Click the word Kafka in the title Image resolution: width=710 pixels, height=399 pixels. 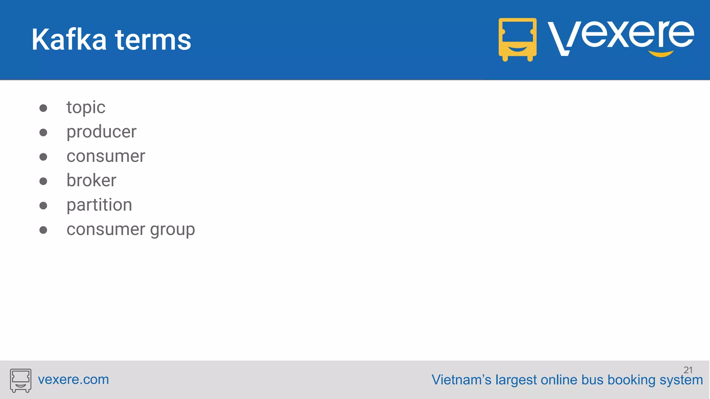pos(69,40)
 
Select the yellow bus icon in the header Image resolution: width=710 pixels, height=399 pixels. pos(517,39)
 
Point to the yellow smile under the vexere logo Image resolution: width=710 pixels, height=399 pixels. pos(661,54)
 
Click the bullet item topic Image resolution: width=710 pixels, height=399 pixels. pos(86,107)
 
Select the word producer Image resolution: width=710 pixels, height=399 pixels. pos(101,132)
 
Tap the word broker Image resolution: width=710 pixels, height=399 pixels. pos(91,180)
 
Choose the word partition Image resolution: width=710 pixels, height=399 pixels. pos(99,205)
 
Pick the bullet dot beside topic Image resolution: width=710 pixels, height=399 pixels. pos(43,108)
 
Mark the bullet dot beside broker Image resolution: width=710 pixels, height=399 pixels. pos(43,181)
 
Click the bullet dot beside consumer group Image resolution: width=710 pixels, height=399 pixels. pos(43,230)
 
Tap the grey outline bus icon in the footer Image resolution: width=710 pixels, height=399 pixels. pos(20,380)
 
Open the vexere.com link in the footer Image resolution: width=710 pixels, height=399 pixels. pos(73,380)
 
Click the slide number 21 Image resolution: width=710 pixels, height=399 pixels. pos(688,370)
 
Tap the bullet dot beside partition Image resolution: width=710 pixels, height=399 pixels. pos(43,206)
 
